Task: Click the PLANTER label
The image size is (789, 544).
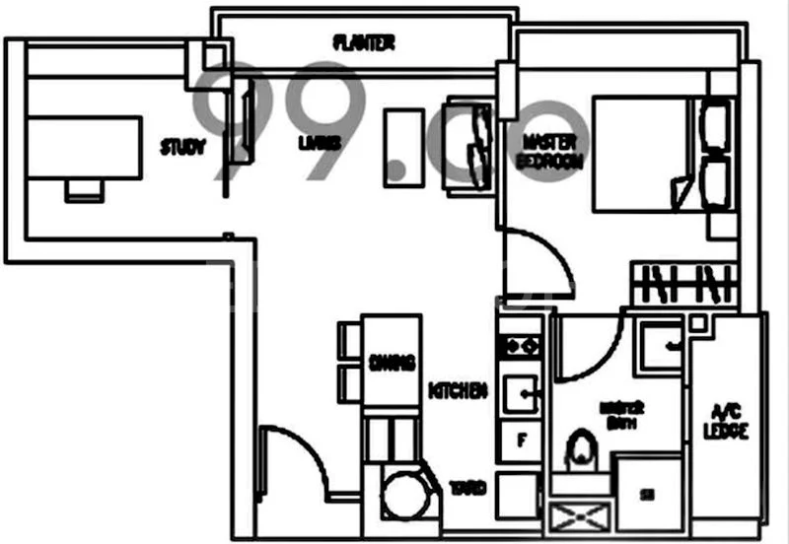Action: point(365,42)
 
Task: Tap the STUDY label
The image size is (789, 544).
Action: point(183,148)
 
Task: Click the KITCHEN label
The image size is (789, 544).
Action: point(459,391)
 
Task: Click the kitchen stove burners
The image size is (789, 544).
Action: point(519,346)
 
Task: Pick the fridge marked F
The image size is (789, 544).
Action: point(520,440)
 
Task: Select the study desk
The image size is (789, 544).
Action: point(84,147)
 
